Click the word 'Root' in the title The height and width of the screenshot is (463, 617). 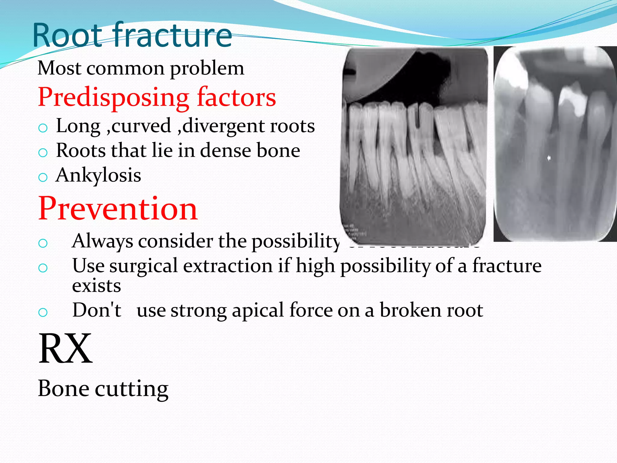(x=68, y=36)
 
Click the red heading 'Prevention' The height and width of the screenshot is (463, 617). (x=118, y=209)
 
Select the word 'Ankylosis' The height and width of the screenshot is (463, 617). (x=99, y=176)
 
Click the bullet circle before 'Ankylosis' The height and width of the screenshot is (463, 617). (x=43, y=177)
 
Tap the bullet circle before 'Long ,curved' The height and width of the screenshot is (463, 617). (x=43, y=128)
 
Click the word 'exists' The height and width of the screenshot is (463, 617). (x=96, y=286)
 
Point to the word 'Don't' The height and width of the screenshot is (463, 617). (x=97, y=310)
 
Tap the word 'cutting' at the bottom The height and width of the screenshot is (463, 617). (x=132, y=389)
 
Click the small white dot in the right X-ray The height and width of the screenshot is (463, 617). (x=549, y=158)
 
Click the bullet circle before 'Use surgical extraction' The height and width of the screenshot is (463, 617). (x=43, y=268)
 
